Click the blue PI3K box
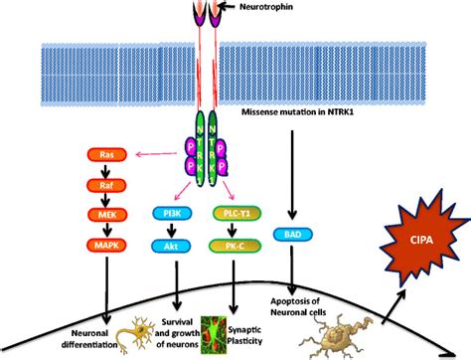pyautogui.click(x=175, y=212)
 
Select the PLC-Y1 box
pyautogui.click(x=233, y=212)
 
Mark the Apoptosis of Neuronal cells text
pyautogui.click(x=298, y=303)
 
